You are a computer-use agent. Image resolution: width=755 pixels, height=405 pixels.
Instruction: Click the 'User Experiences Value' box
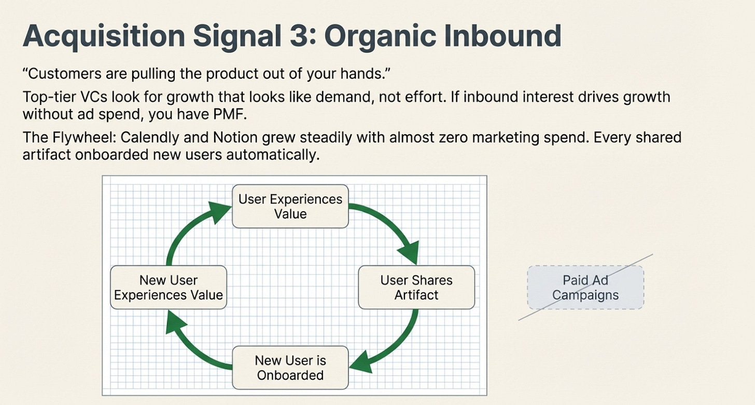click(290, 206)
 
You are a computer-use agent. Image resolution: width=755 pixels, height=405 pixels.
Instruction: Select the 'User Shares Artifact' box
click(416, 287)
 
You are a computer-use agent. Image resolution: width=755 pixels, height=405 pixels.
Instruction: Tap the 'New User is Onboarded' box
click(290, 368)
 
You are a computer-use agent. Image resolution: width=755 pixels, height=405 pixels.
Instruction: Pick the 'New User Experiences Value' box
click(169, 287)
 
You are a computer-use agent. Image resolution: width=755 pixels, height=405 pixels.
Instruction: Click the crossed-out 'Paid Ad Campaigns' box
click(585, 287)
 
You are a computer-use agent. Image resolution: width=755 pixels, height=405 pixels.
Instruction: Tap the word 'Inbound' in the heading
click(506, 36)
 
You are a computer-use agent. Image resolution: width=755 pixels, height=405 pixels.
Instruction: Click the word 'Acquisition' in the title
click(103, 36)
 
